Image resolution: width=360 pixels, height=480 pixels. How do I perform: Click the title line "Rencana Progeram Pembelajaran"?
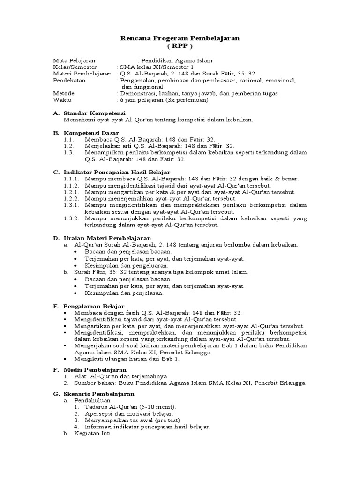pos(180,39)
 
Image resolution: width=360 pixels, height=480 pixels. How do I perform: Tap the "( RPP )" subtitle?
pos(180,47)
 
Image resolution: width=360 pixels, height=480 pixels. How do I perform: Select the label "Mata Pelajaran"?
pos(74,60)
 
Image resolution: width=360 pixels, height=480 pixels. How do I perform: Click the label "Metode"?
pos(64,94)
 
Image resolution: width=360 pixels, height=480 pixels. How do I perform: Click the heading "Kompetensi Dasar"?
pos(92,133)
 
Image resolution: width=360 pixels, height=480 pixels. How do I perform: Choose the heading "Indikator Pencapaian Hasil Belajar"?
pos(117,172)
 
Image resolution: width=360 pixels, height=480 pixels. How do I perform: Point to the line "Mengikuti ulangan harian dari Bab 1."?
pos(126,359)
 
